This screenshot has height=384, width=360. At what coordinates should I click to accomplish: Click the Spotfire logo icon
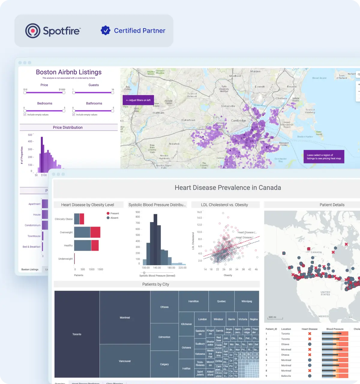(33, 31)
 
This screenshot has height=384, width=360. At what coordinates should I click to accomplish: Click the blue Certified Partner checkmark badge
(105, 30)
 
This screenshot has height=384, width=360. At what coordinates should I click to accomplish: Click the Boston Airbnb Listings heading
(69, 72)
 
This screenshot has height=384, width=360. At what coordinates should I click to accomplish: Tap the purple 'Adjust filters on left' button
(138, 100)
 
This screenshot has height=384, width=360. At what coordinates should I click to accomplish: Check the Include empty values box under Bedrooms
(25, 115)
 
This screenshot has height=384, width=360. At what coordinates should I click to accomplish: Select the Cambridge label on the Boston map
(238, 121)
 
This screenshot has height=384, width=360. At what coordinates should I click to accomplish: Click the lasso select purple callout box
(324, 157)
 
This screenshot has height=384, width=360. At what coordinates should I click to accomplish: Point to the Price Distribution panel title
(68, 127)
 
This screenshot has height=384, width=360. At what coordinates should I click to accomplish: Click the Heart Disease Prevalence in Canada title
(228, 188)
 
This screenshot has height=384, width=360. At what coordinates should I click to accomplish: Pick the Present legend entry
(113, 213)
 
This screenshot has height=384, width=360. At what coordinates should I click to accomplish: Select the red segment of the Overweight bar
(95, 232)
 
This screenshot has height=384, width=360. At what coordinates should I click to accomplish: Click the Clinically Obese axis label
(64, 219)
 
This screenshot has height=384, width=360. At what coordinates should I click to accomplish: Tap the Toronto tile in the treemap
(77, 334)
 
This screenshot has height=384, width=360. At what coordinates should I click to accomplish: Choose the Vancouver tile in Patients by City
(125, 361)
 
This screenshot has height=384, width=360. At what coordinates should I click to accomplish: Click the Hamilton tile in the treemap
(193, 301)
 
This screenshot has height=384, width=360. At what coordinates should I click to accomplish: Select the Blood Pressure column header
(335, 329)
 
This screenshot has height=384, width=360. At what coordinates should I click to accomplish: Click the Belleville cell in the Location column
(286, 376)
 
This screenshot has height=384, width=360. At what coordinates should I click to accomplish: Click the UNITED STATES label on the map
(325, 293)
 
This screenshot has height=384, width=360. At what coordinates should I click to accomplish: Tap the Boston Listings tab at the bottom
(30, 269)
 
